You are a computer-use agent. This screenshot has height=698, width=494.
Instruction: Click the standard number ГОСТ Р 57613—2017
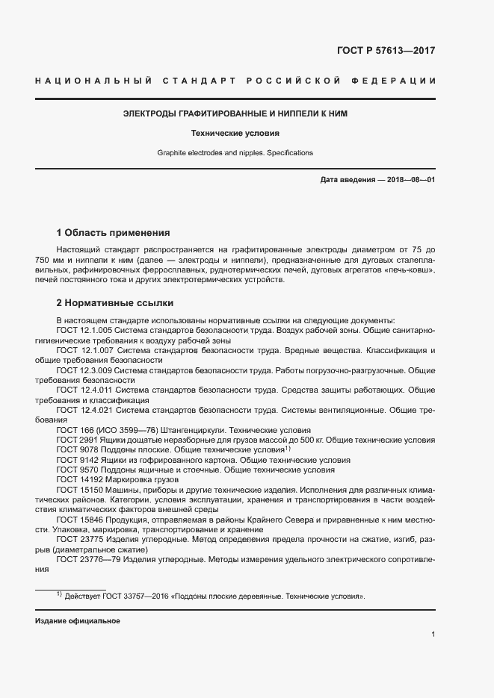[x=386, y=51]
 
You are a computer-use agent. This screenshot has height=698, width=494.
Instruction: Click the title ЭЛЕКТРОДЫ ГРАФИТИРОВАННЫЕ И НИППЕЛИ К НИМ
[x=235, y=114]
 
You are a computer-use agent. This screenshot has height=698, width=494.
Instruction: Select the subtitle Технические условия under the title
[x=235, y=134]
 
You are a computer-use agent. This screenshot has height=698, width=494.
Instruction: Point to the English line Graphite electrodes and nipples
[x=235, y=153]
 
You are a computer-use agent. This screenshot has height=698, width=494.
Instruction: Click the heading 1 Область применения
[x=114, y=232]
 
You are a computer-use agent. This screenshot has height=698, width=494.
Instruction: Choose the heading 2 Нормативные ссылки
[x=114, y=303]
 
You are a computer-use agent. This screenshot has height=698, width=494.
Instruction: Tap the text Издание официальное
[x=77, y=621]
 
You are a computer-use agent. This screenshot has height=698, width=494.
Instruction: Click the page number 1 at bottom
[x=433, y=635]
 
